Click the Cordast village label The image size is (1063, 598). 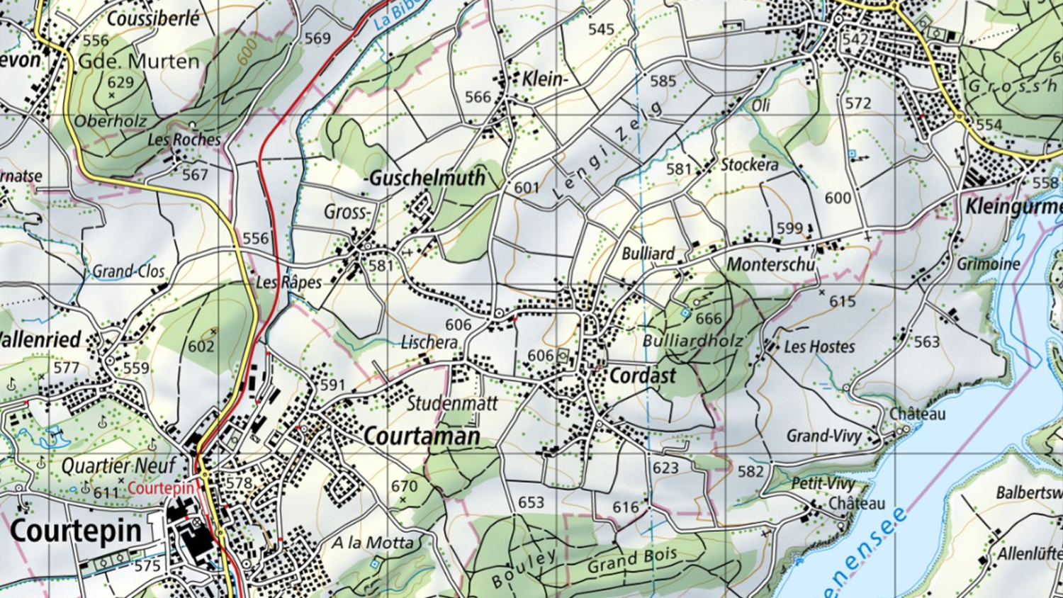point(643,376)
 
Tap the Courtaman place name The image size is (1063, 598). point(422,436)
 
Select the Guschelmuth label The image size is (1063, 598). point(427,178)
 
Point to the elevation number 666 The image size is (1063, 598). point(708,319)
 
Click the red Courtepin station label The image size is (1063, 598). point(161,488)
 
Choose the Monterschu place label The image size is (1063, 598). point(771,264)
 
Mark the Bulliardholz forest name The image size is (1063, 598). point(693,341)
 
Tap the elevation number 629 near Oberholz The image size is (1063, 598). point(120,82)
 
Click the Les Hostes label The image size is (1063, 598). point(819,346)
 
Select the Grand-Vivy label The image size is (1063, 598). point(823,436)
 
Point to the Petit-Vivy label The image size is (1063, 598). point(823,484)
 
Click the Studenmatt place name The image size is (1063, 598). point(452,404)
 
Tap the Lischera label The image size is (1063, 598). point(429,342)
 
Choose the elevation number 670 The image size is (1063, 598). point(404,486)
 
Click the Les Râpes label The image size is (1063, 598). point(288,282)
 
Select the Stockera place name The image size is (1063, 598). point(749,164)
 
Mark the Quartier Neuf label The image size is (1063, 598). point(118,466)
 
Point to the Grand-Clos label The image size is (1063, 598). point(128,271)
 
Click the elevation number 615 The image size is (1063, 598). point(843,301)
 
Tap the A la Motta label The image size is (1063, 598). point(373,543)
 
